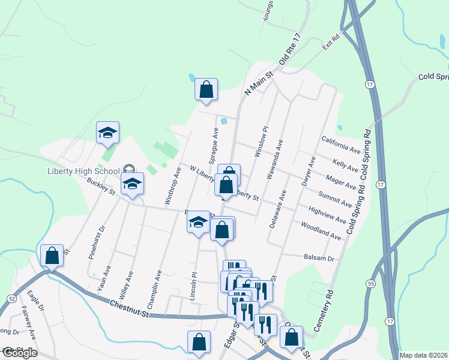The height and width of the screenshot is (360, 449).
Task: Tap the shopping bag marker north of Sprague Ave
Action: [x=206, y=89]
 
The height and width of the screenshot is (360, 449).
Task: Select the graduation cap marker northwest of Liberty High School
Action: [x=107, y=133]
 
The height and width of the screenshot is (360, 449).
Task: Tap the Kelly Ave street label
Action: [x=346, y=164]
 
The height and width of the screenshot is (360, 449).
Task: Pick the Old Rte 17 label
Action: [x=289, y=54]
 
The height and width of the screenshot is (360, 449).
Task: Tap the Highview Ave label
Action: [x=327, y=215]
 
